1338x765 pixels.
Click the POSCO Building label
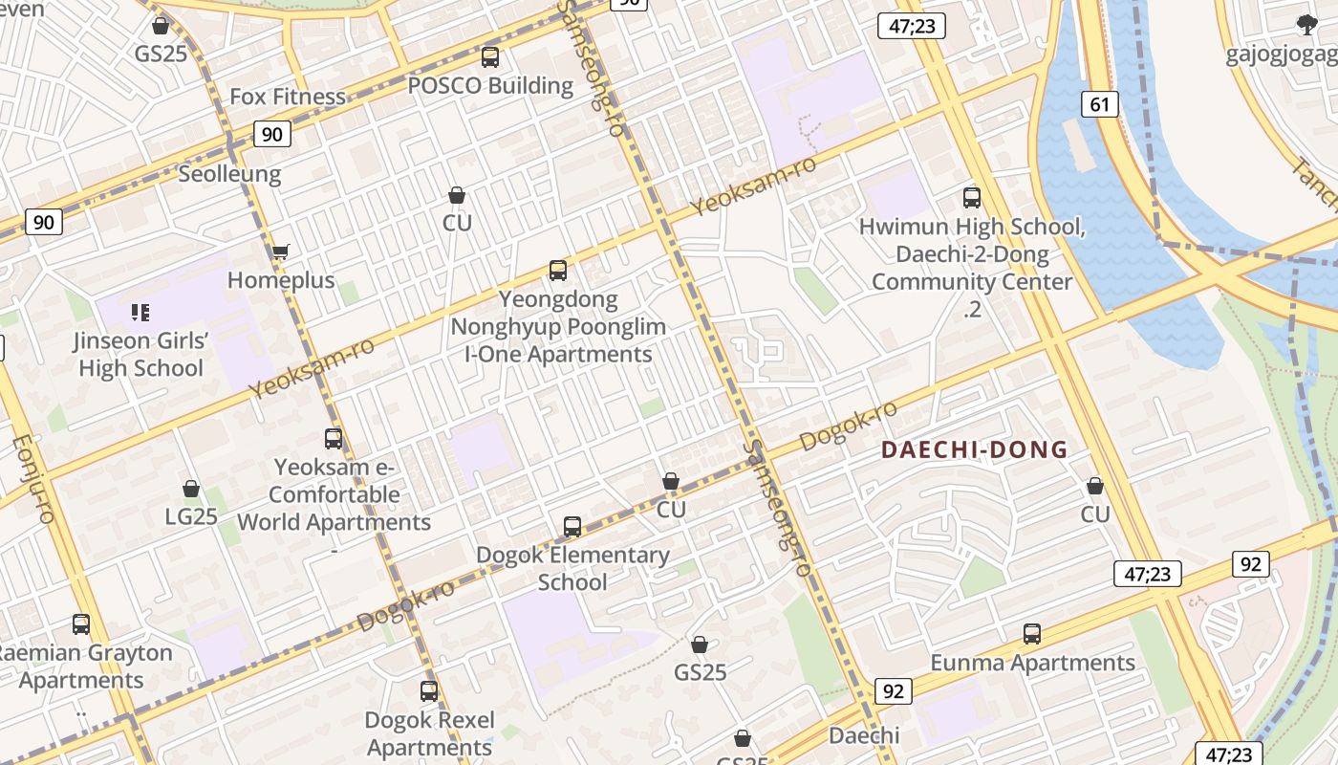tap(490, 85)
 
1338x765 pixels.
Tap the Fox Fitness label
tap(288, 97)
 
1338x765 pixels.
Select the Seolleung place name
tap(229, 174)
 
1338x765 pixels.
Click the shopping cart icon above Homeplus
tap(280, 252)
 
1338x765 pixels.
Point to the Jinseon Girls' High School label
tap(140, 355)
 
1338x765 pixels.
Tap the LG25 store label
tap(191, 516)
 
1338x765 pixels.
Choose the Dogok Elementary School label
tap(572, 568)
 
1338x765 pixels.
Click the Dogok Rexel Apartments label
tap(429, 733)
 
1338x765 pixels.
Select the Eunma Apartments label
tap(1033, 663)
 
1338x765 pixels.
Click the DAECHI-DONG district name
tap(974, 449)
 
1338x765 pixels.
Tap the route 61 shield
tap(1100, 103)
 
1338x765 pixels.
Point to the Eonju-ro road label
tap(32, 478)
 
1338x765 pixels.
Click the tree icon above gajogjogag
tap(1306, 25)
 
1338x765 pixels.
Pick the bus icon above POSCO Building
tap(490, 57)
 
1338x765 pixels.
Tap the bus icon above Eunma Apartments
tap(1031, 634)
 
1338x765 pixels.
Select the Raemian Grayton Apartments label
tap(82, 667)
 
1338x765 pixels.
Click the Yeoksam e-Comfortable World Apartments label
tap(334, 494)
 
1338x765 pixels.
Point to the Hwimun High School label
tap(972, 228)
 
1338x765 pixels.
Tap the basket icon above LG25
tap(191, 489)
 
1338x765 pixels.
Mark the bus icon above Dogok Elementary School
tap(572, 527)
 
